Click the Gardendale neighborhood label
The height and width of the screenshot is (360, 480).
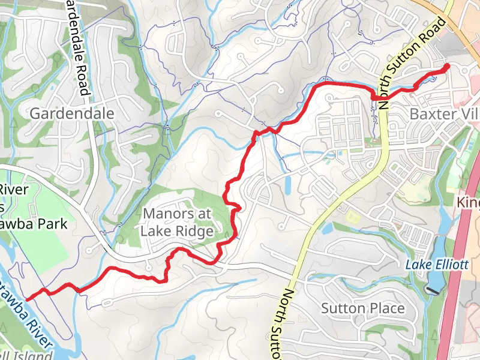[71, 113]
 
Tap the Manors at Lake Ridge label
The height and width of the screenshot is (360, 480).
[177, 222]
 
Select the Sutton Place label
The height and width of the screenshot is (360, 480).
[362, 308]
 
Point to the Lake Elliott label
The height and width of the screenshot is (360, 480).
[436, 265]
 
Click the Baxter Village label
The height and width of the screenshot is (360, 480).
[444, 113]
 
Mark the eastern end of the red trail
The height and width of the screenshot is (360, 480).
[448, 66]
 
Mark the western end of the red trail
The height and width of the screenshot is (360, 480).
[28, 298]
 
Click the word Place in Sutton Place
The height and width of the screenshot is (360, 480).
[388, 308]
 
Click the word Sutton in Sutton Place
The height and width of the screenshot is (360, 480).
[343, 308]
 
